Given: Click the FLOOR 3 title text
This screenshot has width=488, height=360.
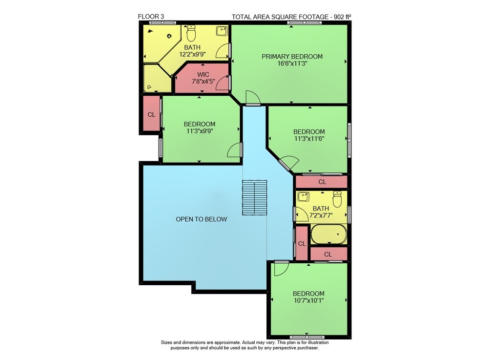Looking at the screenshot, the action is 151,17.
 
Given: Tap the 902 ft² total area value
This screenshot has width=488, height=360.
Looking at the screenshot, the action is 343,17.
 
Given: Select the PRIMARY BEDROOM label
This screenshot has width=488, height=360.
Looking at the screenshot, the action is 292,56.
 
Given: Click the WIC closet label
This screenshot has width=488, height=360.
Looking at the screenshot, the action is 203,74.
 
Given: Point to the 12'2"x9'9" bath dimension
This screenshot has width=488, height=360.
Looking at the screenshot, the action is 192,54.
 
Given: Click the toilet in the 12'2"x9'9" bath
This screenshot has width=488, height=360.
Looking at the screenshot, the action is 191,34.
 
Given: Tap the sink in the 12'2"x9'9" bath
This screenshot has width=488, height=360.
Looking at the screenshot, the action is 222,31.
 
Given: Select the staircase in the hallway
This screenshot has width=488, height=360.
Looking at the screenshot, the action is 255,197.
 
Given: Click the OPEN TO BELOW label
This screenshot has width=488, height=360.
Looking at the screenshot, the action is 202,219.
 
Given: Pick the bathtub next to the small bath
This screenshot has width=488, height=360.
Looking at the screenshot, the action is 329,234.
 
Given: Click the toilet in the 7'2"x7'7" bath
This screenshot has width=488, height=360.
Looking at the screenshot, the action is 337,199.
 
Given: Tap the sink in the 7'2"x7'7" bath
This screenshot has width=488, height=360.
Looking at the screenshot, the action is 303,197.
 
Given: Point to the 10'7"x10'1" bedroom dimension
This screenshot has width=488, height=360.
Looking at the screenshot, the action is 308,301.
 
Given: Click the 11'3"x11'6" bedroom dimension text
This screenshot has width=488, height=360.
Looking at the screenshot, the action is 309,139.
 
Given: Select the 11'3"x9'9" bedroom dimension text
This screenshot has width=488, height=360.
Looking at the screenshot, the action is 199,131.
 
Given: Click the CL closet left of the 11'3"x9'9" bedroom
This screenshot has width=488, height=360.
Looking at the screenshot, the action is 151,115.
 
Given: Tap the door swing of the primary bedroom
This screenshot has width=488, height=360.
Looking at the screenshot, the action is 253,98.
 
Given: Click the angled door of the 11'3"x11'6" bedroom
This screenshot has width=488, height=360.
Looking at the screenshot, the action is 288,164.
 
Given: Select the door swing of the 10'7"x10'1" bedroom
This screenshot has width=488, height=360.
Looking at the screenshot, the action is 282,269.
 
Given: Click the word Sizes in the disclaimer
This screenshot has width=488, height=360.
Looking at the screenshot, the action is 166,342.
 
